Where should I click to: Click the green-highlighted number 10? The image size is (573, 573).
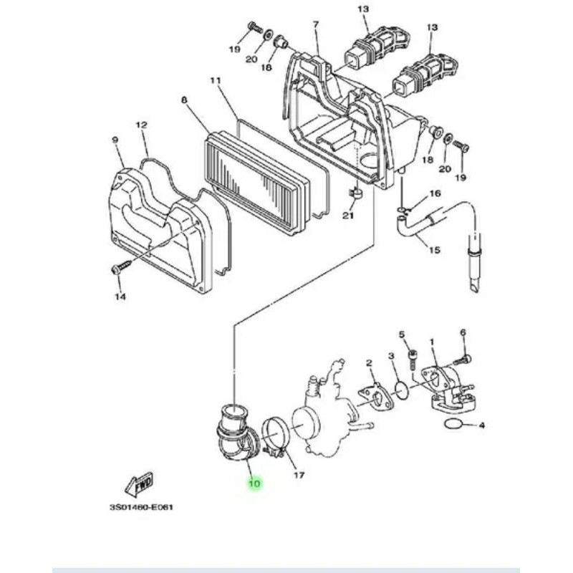254,484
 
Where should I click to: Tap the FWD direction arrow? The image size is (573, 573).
139,484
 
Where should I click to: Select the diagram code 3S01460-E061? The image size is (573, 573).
141,507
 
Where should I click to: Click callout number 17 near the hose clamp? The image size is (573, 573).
299,475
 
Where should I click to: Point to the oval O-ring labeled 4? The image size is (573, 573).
453,424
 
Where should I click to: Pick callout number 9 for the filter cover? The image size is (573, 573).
115,140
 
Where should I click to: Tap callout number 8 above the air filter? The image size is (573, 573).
184,100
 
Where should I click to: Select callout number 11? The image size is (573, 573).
216,80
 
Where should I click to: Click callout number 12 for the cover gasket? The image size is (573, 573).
142,125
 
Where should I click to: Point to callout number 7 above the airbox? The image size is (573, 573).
316,24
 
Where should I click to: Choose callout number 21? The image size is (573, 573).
348,216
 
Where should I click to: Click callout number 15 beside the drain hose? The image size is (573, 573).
435,250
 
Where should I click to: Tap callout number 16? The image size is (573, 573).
435,193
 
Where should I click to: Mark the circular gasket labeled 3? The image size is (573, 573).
402,392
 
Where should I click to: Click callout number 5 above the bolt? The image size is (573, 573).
402,334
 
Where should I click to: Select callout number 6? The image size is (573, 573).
463,332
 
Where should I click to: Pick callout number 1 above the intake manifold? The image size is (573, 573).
432,342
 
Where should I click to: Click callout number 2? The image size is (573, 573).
369,363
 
